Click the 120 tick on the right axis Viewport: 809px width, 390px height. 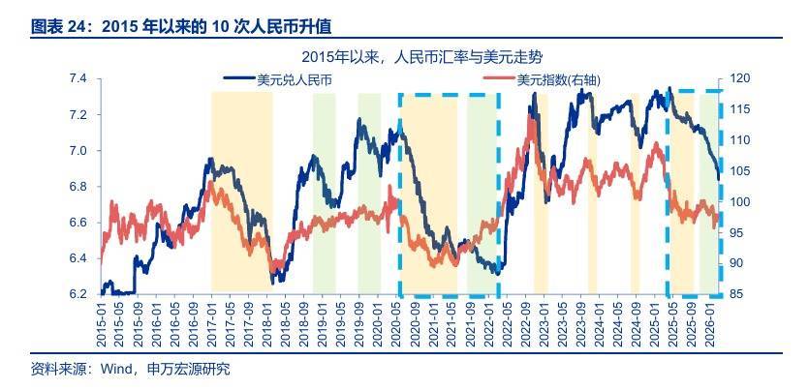(x=738, y=78)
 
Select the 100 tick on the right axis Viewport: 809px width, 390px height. (x=738, y=202)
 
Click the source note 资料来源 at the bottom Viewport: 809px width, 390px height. (x=57, y=369)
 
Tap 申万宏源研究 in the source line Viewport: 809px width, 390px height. (x=188, y=369)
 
